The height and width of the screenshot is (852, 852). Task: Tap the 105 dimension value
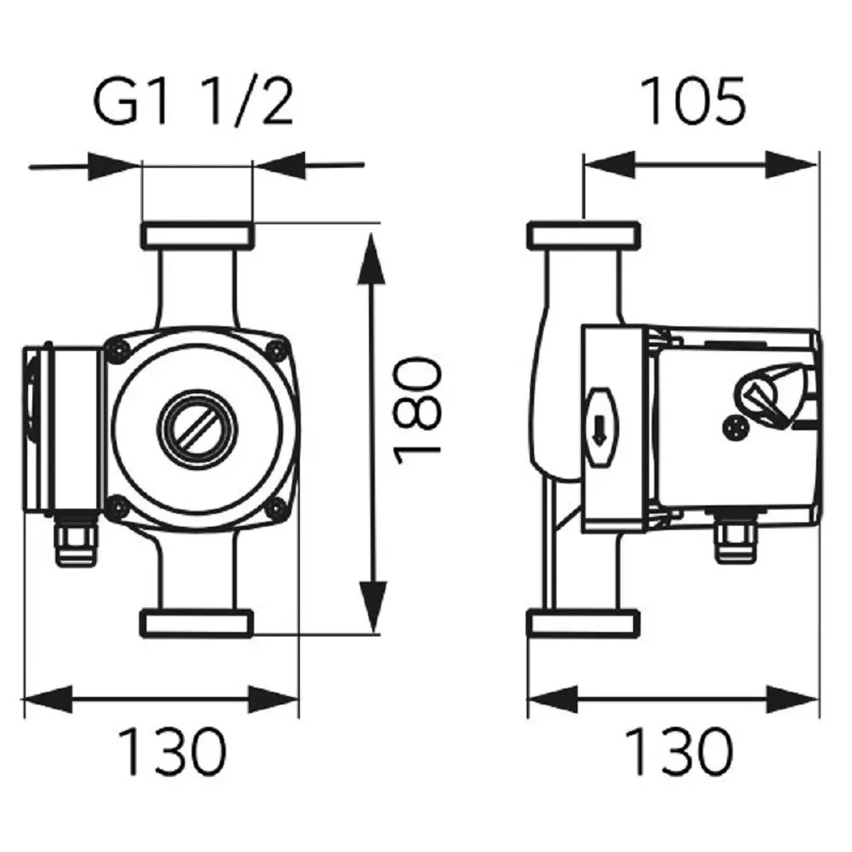pyautogui.click(x=692, y=101)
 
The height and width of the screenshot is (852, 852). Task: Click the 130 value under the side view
pyautogui.click(x=679, y=751)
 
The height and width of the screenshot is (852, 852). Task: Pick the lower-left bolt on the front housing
pyautogui.click(x=118, y=508)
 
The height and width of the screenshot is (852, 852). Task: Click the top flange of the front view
pyautogui.click(x=197, y=233)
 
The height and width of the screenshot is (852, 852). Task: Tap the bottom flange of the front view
pyautogui.click(x=197, y=622)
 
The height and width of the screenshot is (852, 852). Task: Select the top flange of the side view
pyautogui.click(x=582, y=234)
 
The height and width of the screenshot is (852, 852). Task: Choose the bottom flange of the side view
pyautogui.click(x=582, y=623)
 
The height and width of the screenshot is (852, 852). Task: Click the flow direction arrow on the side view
pyautogui.click(x=598, y=429)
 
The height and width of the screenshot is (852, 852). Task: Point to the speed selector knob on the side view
pyautogui.click(x=771, y=396)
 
